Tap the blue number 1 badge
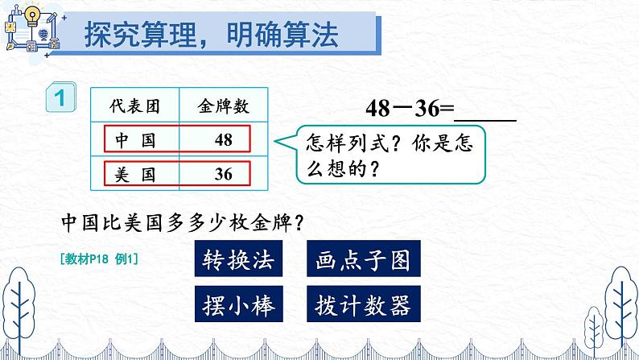(60, 100)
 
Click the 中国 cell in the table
(134, 139)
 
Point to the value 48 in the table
(224, 139)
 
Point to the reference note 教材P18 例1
(100, 259)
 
